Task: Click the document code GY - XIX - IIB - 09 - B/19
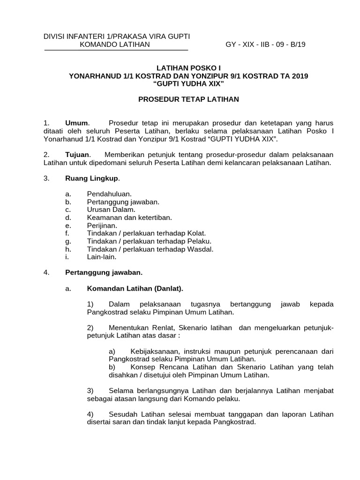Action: pos(265,45)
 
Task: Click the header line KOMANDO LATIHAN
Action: pos(115,45)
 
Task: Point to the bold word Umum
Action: pos(76,123)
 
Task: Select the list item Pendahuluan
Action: pos(109,193)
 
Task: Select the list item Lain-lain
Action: pos(101,257)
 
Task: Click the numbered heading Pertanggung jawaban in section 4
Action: pos(104,272)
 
